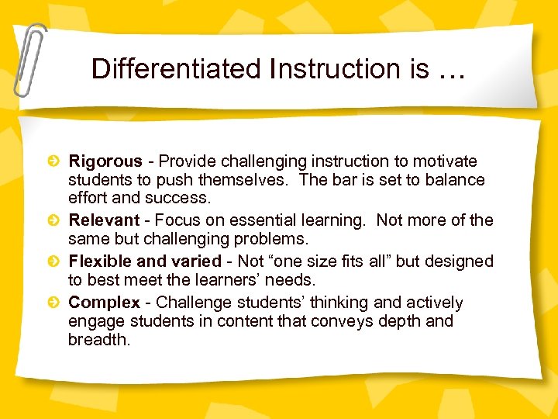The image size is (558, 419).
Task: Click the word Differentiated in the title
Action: tap(177, 69)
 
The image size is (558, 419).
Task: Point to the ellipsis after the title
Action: tap(453, 71)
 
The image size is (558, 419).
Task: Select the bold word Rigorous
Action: tap(105, 162)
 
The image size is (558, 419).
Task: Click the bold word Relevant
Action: tap(104, 220)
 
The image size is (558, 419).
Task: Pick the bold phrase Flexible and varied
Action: tap(145, 261)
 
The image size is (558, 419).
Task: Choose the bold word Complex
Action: tap(104, 303)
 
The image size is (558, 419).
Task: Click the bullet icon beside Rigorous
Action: tap(53, 161)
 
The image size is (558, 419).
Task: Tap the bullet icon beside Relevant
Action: tap(53, 220)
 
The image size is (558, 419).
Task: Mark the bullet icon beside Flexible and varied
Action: tap(53, 261)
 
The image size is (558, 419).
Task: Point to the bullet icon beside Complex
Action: tap(53, 303)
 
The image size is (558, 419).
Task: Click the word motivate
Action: tap(444, 161)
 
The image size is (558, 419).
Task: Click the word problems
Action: tap(273, 238)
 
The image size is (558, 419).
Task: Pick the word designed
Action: tap(457, 261)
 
